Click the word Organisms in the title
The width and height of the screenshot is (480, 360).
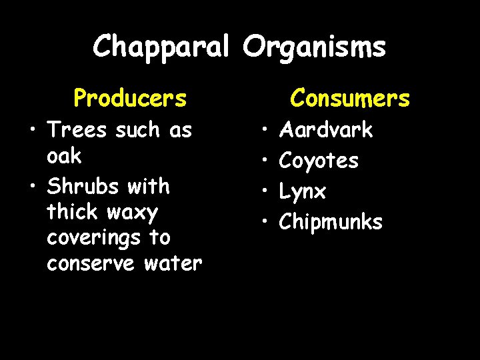pyautogui.click(x=314, y=47)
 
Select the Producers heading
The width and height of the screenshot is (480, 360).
pyautogui.click(x=130, y=99)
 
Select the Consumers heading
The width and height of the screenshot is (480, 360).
pyautogui.click(x=349, y=99)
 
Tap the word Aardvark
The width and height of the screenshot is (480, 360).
pyautogui.click(x=326, y=130)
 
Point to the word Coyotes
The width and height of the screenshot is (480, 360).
pyautogui.click(x=319, y=161)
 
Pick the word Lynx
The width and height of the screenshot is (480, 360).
pyautogui.click(x=303, y=192)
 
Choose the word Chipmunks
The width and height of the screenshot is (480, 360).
pyautogui.click(x=331, y=222)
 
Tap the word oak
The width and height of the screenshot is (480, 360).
pyautogui.click(x=64, y=156)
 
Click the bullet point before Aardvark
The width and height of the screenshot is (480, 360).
pyautogui.click(x=264, y=130)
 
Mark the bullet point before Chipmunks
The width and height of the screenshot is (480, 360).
pyautogui.click(x=264, y=222)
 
